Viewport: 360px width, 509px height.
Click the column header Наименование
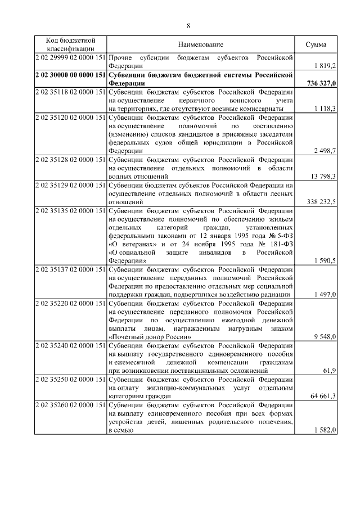pyautogui.click(x=201, y=44)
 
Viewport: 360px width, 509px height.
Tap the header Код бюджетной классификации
pyautogui.click(x=70, y=44)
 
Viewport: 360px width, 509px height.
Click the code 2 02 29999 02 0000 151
pyautogui.click(x=70, y=57)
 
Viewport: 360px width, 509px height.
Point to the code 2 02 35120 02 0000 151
pyautogui.click(x=70, y=117)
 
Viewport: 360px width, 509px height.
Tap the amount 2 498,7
pyautogui.click(x=326, y=151)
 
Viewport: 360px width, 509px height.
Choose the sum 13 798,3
pyautogui.click(x=323, y=176)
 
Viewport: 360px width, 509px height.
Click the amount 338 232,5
pyautogui.click(x=322, y=201)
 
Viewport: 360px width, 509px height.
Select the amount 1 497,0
pyautogui.click(x=326, y=294)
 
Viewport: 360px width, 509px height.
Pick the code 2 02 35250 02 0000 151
pyautogui.click(x=70, y=379)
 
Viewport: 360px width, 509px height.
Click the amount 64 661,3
pyautogui.click(x=323, y=396)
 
